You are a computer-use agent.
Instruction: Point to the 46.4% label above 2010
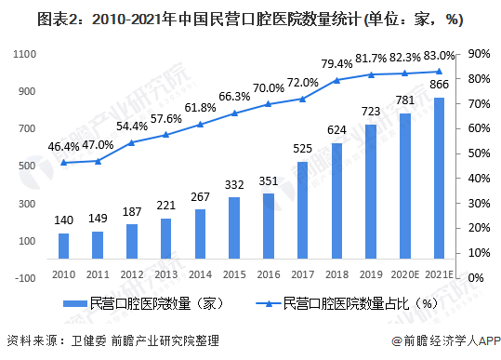coord(64,147)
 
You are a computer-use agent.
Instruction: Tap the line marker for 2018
coord(336,80)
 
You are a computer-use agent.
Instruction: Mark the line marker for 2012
coord(132,142)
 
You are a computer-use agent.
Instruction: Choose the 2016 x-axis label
coord(269,276)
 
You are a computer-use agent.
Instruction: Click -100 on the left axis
coord(25,277)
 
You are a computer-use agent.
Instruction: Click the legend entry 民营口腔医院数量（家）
coord(139,302)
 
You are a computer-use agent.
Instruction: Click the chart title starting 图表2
coord(250,19)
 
